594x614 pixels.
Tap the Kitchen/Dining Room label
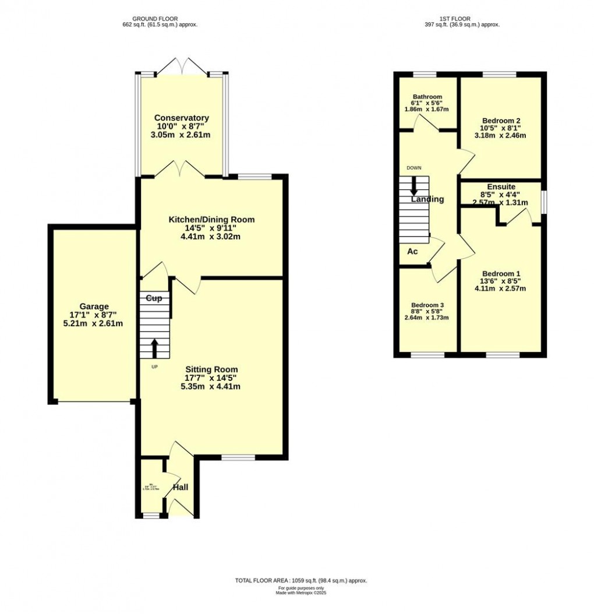click(211, 220)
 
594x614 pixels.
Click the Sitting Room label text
click(211, 369)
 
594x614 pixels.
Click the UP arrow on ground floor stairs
click(155, 348)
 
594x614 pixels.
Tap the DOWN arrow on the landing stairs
click(414, 185)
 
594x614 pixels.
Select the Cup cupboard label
click(154, 298)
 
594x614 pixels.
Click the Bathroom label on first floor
click(427, 97)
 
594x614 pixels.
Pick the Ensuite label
click(501, 186)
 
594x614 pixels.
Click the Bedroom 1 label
click(501, 273)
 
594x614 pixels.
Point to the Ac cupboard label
click(412, 252)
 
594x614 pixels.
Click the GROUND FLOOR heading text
click(155, 19)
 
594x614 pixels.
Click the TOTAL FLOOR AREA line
click(300, 581)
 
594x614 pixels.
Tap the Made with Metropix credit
click(300, 594)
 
